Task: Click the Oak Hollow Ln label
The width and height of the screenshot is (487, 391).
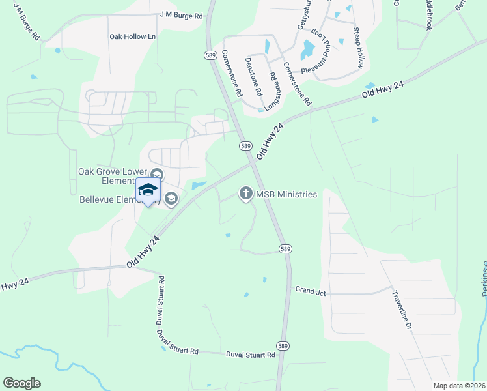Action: point(133,37)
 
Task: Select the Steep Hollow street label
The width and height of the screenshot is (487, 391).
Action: point(359,48)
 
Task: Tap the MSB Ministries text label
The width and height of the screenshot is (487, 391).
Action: point(287,194)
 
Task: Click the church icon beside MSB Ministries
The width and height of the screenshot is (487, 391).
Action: point(245,193)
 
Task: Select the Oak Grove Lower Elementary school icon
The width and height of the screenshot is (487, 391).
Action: point(156,175)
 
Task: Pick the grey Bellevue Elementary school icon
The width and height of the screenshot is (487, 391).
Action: point(171,199)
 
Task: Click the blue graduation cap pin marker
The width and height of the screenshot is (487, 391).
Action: point(148,190)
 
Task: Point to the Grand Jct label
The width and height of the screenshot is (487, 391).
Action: point(311,291)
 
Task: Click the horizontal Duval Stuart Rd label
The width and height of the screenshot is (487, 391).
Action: point(251,355)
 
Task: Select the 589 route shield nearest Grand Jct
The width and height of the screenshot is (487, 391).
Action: point(285,249)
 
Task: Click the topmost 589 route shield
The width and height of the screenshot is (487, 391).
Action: point(210,55)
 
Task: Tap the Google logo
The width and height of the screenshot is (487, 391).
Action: point(21,383)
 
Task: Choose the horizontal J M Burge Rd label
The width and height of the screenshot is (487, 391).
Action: point(181,15)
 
